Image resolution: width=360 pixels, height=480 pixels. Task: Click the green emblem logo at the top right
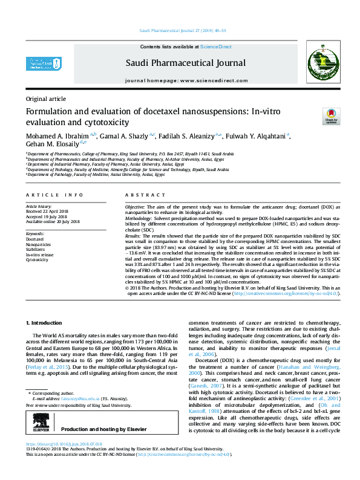[321, 63]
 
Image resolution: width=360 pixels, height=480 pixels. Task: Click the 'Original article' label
[46, 98]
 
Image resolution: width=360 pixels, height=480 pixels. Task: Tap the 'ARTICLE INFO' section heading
[55, 195]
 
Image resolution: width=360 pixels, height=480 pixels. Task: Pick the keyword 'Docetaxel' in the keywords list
[34, 239]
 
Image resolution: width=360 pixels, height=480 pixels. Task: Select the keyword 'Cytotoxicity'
[37, 259]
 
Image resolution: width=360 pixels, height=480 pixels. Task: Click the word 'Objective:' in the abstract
[136, 207]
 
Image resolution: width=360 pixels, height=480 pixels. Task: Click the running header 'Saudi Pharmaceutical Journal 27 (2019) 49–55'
[183, 30]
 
